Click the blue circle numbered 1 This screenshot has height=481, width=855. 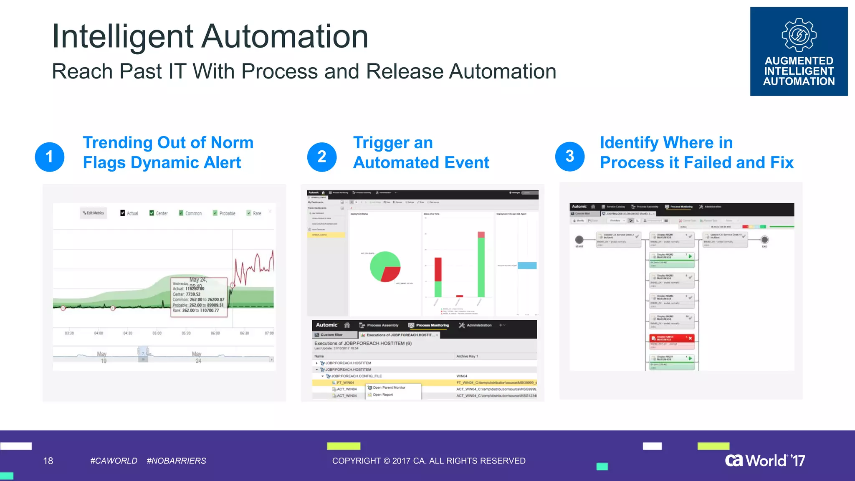(50, 157)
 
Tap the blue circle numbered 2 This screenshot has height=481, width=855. (322, 157)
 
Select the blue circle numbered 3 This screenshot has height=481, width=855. (570, 157)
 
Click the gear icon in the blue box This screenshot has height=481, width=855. (799, 35)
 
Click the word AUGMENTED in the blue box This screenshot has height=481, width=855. (799, 61)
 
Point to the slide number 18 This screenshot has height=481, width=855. (48, 461)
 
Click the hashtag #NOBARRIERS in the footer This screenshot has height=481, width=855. (176, 461)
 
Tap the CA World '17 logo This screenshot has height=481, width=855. (765, 461)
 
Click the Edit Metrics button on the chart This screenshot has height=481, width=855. (94, 213)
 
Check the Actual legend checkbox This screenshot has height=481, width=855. (123, 213)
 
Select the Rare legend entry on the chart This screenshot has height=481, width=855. (254, 213)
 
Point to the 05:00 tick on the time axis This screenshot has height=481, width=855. (157, 333)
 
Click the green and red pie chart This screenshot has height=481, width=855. (385, 267)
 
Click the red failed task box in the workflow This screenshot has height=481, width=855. (672, 338)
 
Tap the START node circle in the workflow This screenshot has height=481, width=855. (579, 240)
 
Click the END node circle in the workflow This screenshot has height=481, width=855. (764, 240)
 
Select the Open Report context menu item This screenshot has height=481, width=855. (382, 395)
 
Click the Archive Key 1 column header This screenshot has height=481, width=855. (467, 356)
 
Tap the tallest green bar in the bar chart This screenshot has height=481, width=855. (481, 267)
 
